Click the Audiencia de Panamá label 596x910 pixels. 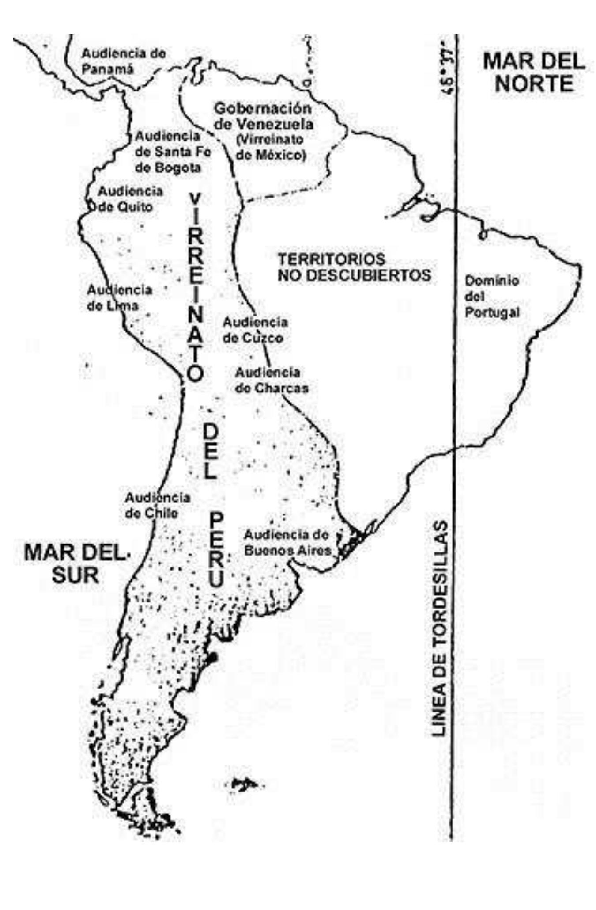[x=124, y=61]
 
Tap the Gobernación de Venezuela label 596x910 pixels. [x=264, y=116]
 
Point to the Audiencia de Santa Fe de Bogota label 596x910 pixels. [x=173, y=152]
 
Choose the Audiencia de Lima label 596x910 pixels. [x=119, y=298]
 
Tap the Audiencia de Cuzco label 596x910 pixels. [x=255, y=330]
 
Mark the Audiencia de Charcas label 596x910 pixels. [x=271, y=380]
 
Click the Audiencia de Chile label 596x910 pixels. [x=158, y=505]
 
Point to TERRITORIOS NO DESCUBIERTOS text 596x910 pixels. [x=354, y=267]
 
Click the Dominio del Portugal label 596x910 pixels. [x=492, y=297]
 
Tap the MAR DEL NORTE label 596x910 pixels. [x=534, y=72]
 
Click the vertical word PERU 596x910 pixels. [x=216, y=550]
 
